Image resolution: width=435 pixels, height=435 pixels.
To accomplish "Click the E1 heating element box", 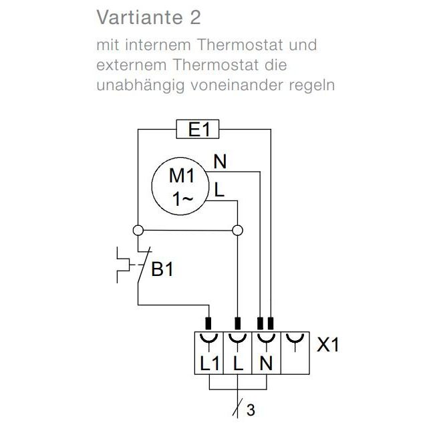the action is tap(198, 129).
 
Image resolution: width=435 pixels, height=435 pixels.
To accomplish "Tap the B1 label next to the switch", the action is tap(162, 269).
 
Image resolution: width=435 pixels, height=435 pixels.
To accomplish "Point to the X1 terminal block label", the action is tap(328, 345).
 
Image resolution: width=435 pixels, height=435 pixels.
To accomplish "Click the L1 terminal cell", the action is tap(209, 353).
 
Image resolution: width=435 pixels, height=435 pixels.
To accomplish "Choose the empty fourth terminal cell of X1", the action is tap(295, 353).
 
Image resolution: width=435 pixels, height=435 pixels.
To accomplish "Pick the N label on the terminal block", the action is tap(266, 363).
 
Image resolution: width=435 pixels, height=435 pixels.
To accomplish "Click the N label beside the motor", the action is tap(220, 161).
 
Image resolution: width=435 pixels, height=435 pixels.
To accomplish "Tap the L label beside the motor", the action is tap(219, 190).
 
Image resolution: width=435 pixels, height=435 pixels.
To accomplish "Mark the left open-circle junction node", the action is tap(138, 231).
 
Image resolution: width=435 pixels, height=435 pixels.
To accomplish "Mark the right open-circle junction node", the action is tap(237, 231).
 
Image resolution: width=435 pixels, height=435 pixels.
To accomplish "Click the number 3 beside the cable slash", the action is tap(251, 410).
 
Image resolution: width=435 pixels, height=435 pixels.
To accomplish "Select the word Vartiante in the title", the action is tap(140, 17).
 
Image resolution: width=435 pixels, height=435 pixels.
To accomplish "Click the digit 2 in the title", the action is tap(195, 17).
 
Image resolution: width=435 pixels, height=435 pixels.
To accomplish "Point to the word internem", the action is tap(158, 45).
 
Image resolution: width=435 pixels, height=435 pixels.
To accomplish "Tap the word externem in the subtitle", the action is tap(132, 65).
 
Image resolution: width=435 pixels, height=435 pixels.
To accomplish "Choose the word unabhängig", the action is tap(140, 86).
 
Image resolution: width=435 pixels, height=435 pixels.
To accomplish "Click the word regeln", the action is tap(312, 86).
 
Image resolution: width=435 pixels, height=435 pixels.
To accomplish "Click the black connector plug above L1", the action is tap(208, 323).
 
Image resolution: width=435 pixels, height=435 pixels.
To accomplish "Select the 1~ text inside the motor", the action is tap(182, 199).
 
